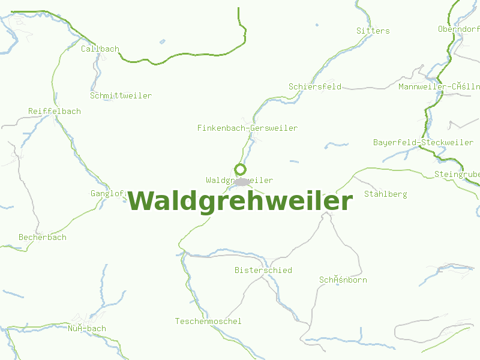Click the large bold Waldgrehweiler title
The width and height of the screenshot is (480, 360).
pyautogui.click(x=240, y=201)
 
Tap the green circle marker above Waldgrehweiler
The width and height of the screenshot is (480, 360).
pyautogui.click(x=240, y=169)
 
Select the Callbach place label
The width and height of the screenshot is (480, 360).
pyautogui.click(x=100, y=49)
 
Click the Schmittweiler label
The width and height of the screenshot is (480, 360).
pyautogui.click(x=121, y=95)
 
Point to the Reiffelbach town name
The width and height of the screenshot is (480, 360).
pyautogui.click(x=54, y=111)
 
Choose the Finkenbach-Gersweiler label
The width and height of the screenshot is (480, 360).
pyautogui.click(x=247, y=128)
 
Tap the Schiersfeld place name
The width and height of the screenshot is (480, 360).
pyautogui.click(x=314, y=86)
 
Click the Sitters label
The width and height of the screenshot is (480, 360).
pyautogui.click(x=373, y=31)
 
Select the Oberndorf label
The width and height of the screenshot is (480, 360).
pyautogui.click(x=458, y=29)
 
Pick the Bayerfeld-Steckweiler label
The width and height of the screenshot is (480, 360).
pyautogui.click(x=423, y=142)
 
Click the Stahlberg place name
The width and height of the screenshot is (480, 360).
pyautogui.click(x=385, y=194)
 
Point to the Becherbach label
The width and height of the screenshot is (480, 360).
pyautogui.click(x=42, y=237)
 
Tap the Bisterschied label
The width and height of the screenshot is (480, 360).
pyautogui.click(x=263, y=270)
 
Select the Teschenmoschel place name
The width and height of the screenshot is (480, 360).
pyautogui.click(x=208, y=321)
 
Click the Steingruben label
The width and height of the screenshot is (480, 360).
pyautogui.click(x=457, y=174)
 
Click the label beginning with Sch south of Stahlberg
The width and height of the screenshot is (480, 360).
pyautogui.click(x=343, y=280)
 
